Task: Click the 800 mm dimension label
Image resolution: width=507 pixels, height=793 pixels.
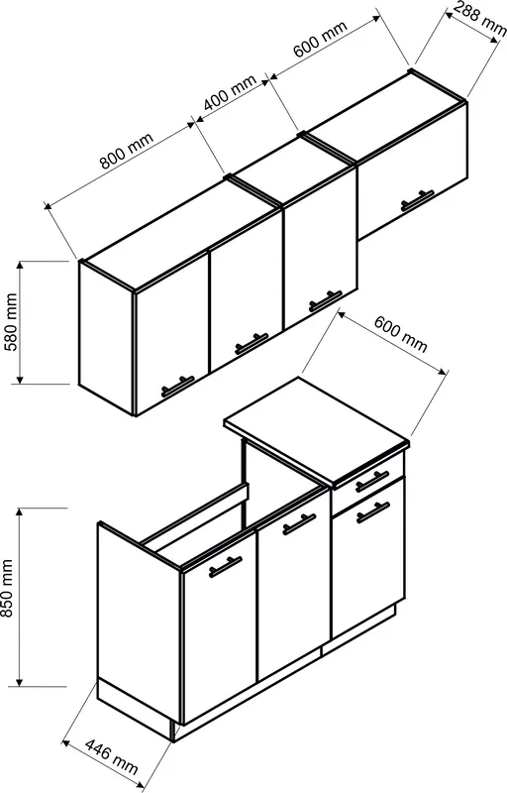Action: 126,151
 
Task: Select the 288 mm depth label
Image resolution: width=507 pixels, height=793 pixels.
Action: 479,18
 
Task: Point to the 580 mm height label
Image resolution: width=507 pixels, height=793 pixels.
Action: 11,322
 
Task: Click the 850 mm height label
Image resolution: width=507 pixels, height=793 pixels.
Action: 8,588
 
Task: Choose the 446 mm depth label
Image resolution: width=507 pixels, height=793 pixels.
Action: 111,756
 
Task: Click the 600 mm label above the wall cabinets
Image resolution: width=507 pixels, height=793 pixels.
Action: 320,39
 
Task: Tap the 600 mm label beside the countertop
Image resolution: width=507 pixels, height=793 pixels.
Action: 400,334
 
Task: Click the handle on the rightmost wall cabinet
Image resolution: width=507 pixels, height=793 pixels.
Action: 417,200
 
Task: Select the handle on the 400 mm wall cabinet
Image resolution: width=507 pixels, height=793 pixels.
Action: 326,301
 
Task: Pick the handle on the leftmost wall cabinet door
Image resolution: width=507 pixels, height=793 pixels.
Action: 178,387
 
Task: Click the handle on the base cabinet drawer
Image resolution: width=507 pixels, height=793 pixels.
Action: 372,482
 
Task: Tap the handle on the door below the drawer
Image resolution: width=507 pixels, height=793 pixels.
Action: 373,512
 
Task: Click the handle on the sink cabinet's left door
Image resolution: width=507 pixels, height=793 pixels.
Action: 225,567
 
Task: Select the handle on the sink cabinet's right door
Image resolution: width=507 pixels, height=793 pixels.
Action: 299,524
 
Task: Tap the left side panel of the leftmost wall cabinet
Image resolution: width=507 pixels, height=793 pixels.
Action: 106,336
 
